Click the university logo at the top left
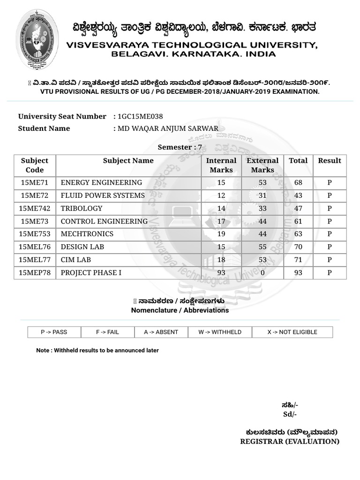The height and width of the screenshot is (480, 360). point(37,40)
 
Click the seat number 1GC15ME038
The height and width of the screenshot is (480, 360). point(141,116)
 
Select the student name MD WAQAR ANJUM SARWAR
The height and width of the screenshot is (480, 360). point(168,128)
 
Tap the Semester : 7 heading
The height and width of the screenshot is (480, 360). point(180,147)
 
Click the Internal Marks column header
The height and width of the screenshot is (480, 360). point(221,165)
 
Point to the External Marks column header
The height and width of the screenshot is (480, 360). point(262,165)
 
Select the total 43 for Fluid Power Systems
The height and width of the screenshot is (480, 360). point(298,195)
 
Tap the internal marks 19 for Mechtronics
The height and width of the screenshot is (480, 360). point(221,234)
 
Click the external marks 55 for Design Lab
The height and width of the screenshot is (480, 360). point(262,247)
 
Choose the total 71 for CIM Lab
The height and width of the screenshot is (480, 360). point(298,260)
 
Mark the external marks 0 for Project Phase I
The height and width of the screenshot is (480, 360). point(262,272)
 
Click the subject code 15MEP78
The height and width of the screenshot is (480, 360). point(35,272)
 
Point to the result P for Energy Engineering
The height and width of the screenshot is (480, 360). point(330,182)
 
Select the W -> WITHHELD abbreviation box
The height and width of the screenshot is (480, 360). point(220,332)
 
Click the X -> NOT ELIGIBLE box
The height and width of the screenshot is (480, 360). point(292,332)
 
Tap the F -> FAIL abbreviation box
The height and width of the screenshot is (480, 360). point(108,332)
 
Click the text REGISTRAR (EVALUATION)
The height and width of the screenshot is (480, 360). point(290,442)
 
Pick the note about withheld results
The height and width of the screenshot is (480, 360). point(97,350)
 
